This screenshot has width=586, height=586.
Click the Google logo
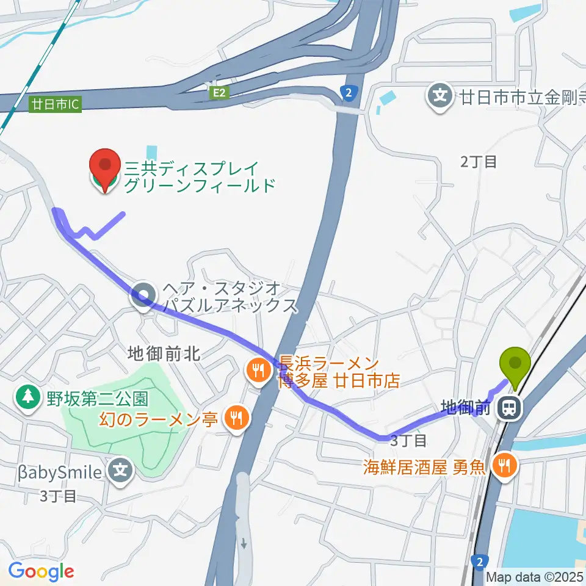pos(41,571)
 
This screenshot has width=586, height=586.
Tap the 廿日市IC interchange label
pos(56,104)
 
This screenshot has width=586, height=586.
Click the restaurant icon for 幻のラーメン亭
pos(236,418)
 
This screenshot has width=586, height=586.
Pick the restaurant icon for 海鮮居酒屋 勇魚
pos(504,466)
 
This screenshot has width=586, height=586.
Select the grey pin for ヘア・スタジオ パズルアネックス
pos(144,296)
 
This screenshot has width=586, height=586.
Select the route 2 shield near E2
pos(348,93)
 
